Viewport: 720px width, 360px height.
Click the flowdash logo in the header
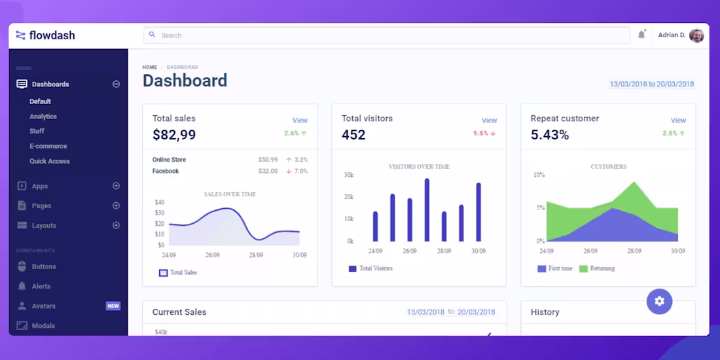pos(45,35)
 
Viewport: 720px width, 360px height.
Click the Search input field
pos(386,35)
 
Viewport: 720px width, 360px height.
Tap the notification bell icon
pos(641,35)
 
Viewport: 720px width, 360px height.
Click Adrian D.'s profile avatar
pos(696,35)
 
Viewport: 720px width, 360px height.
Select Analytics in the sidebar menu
pos(43,117)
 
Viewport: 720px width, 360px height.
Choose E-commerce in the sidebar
pos(48,146)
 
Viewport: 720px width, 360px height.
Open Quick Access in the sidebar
pos(49,161)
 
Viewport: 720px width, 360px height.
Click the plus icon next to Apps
pos(116,186)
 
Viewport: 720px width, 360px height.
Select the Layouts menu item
pos(44,225)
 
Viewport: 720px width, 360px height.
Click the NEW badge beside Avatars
pos(113,306)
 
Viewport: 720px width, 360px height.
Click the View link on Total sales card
pos(300,120)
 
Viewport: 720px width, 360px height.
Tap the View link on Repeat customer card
pos(678,120)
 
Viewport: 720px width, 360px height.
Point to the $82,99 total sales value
pos(174,135)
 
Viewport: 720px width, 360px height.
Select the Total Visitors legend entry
pos(371,268)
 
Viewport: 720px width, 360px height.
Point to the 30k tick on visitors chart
pos(348,175)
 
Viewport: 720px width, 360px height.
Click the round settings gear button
pos(659,301)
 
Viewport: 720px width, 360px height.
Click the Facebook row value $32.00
pos(268,171)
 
